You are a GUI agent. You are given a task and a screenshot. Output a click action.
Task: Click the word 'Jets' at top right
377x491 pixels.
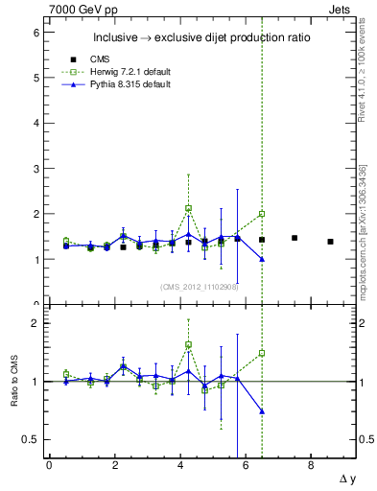(x=341, y=9)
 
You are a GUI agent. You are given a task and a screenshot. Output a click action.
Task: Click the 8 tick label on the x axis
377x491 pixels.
(x=311, y=464)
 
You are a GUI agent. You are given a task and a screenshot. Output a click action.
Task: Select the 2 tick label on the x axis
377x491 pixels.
(x=114, y=464)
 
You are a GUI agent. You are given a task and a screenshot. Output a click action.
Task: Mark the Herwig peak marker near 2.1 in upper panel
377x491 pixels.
(x=189, y=208)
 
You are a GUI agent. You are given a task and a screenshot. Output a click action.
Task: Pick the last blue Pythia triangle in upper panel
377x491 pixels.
(x=262, y=259)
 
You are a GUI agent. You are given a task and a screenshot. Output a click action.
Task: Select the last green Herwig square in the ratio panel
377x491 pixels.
(x=262, y=353)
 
